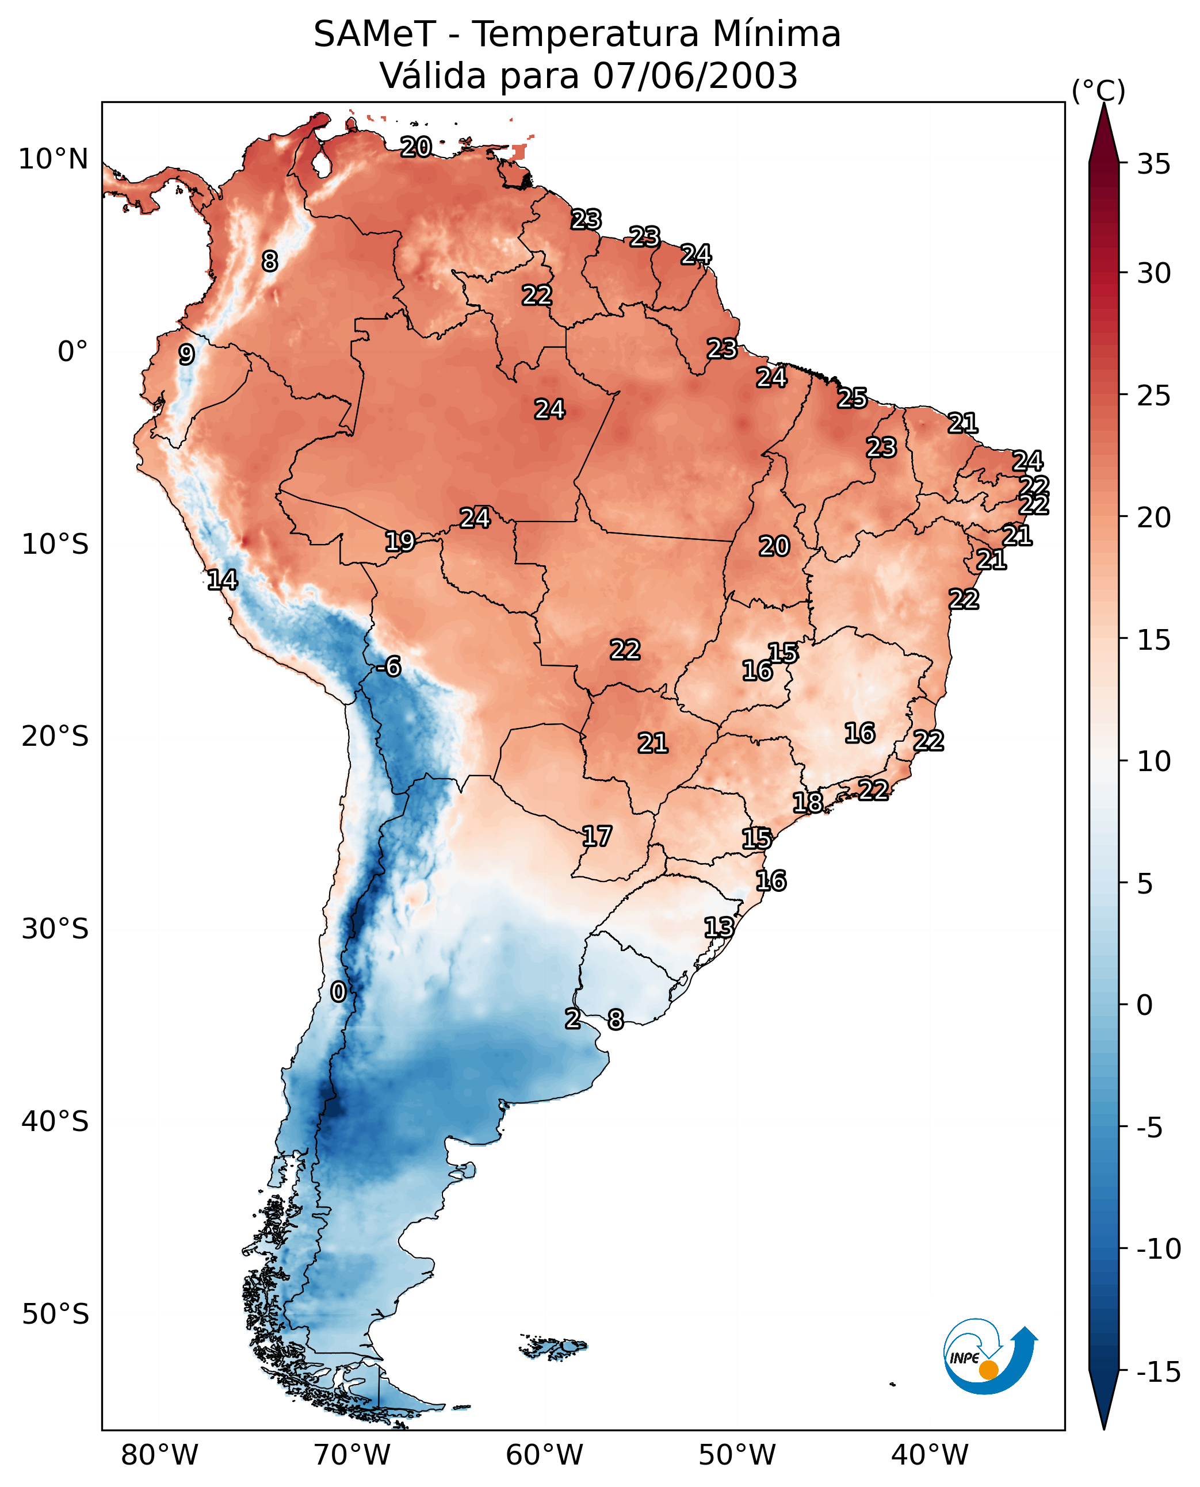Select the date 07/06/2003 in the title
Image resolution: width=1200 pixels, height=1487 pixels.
[x=695, y=76]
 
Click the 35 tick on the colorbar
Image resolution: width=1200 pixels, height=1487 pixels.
[x=1153, y=164]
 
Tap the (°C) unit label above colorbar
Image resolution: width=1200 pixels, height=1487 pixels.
[x=1098, y=90]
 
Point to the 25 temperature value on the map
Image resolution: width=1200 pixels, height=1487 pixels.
[x=853, y=398]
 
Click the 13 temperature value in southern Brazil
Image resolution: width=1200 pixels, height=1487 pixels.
[x=719, y=928]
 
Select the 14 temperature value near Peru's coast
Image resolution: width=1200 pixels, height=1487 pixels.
[x=223, y=580]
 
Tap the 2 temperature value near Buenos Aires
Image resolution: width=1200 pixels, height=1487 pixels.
[x=572, y=1018]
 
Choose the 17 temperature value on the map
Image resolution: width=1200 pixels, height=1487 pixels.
[x=597, y=837]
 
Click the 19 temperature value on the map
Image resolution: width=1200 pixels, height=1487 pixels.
[x=400, y=541]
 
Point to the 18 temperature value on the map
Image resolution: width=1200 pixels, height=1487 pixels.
[x=807, y=803]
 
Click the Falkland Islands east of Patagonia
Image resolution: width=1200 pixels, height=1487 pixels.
[x=553, y=1347]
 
